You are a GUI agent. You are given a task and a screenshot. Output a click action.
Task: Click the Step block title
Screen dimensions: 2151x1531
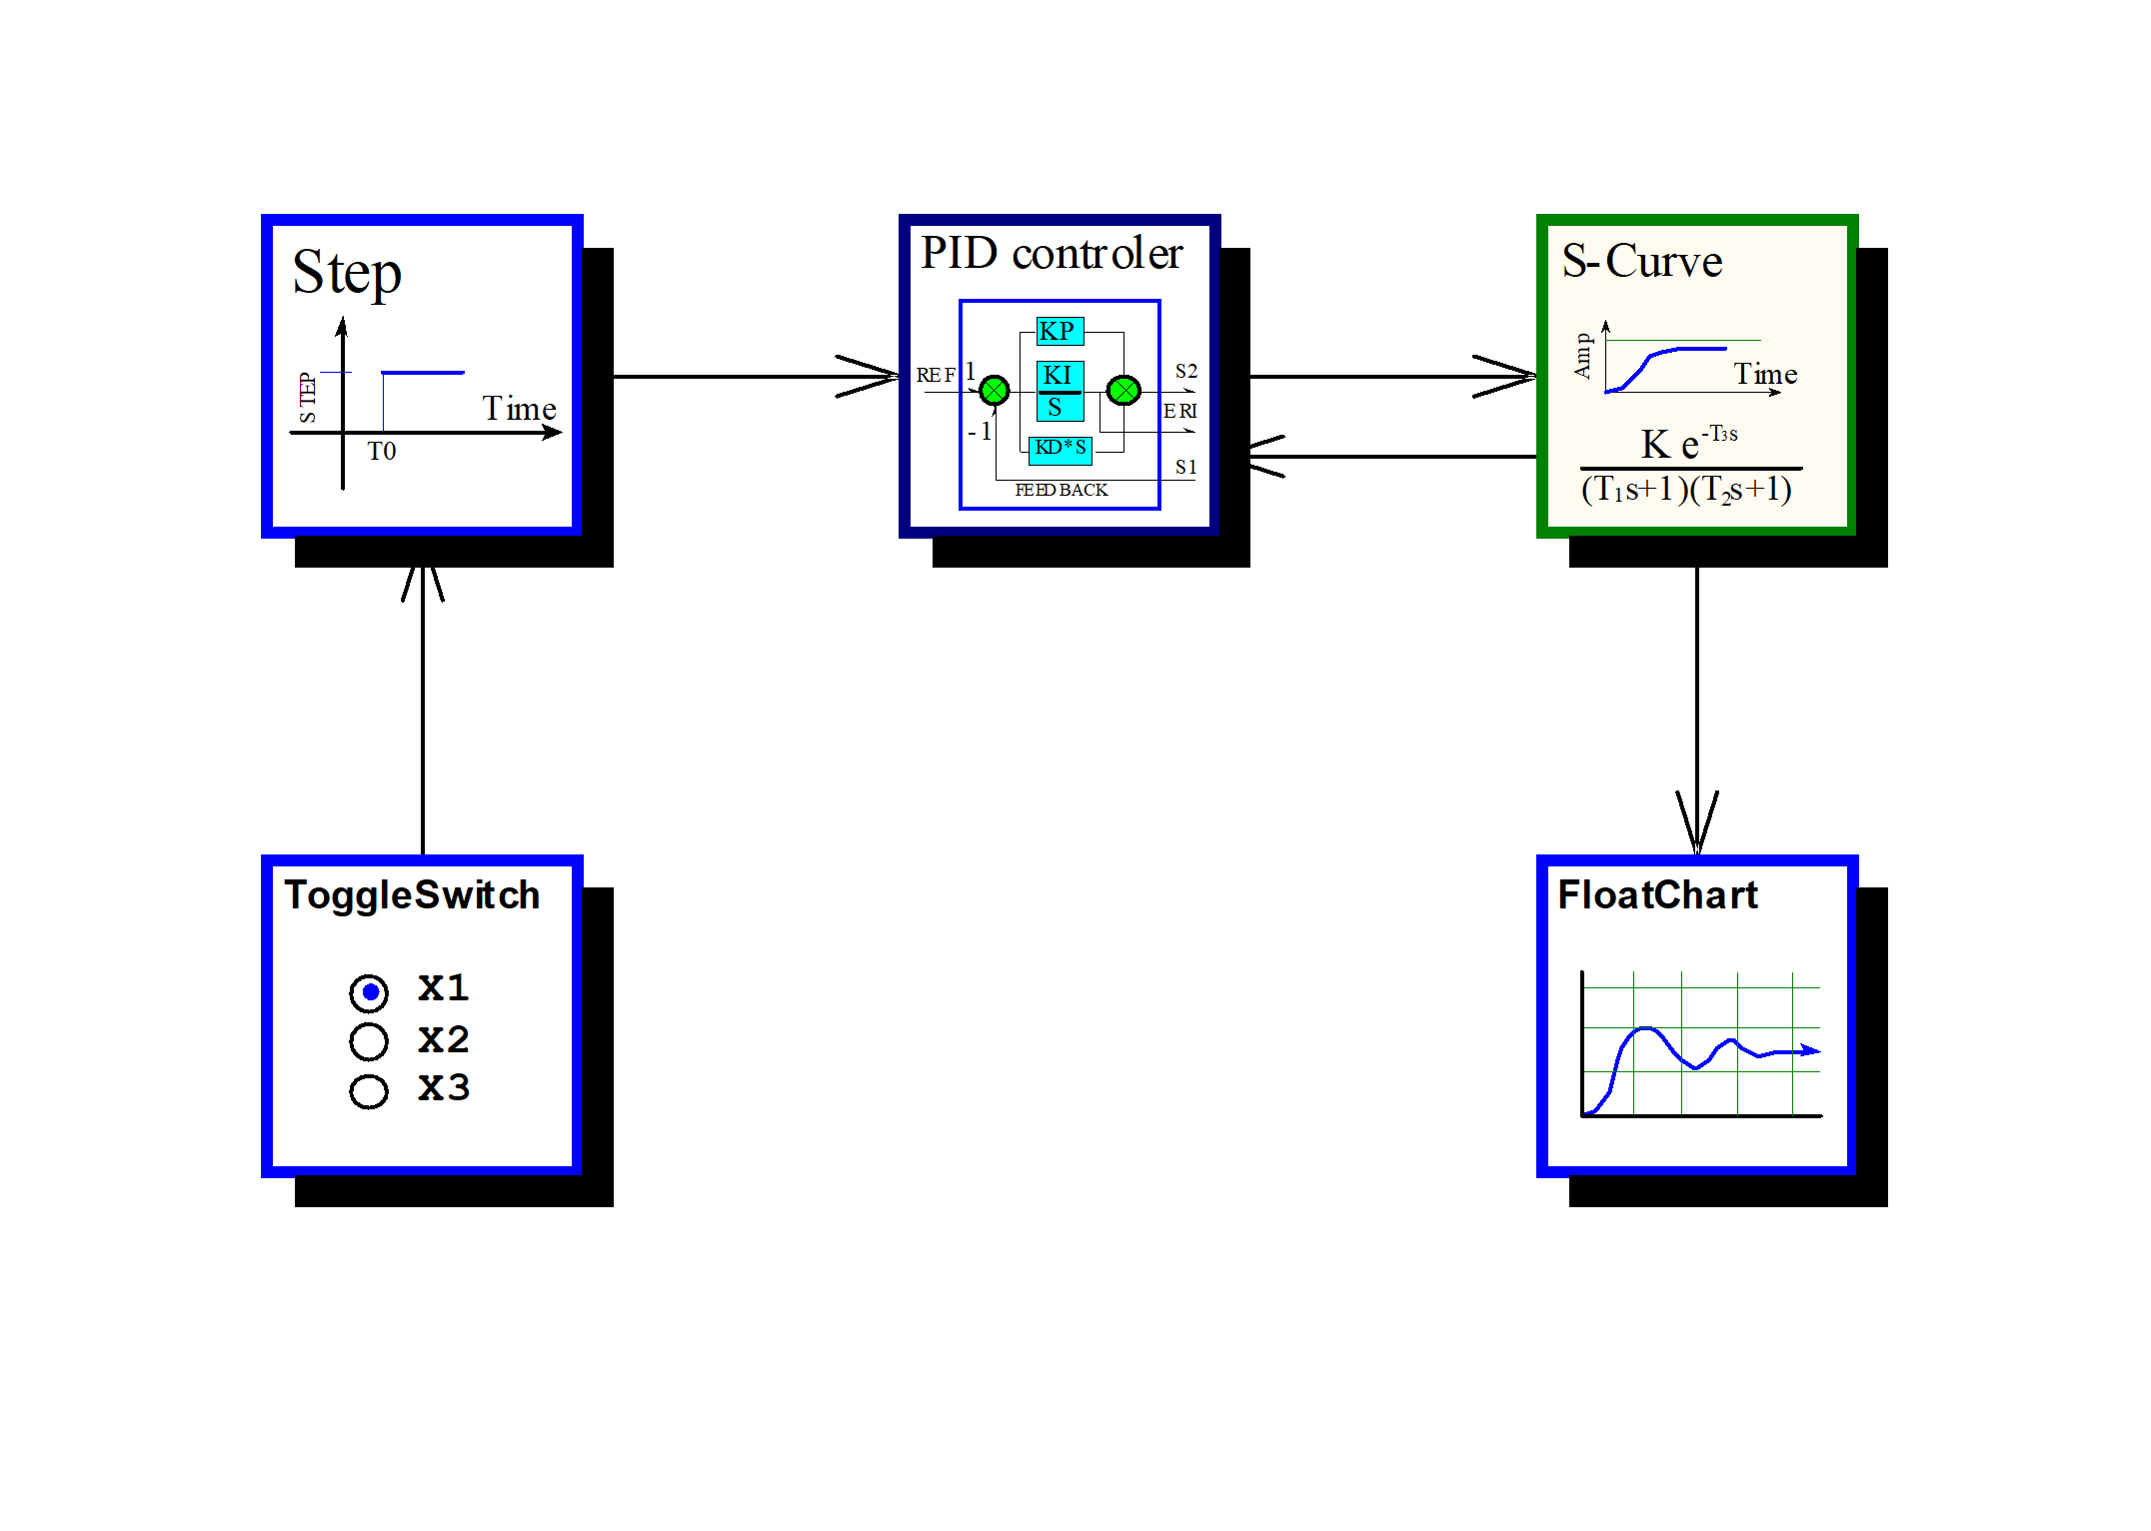point(347,272)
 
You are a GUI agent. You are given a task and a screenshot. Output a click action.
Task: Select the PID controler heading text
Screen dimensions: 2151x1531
point(1052,253)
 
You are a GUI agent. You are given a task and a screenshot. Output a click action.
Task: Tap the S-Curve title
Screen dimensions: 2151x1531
point(1642,261)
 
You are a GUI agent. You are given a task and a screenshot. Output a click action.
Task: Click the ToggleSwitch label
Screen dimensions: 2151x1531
point(412,895)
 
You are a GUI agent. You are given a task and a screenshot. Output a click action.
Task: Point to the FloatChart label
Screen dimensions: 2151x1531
point(1657,894)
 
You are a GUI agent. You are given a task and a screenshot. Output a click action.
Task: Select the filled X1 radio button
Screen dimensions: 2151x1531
point(369,992)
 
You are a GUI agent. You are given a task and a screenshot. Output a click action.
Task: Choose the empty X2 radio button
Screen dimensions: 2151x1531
point(369,1041)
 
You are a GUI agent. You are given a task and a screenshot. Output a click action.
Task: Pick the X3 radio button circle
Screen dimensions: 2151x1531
point(369,1090)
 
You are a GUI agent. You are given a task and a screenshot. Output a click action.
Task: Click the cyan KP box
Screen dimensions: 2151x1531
point(1060,331)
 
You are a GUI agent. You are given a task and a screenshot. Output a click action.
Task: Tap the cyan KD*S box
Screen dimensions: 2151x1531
point(1061,449)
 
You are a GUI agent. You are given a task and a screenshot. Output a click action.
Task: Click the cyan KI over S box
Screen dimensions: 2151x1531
point(1060,391)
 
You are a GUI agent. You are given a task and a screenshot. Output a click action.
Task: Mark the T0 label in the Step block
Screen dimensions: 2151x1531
point(382,452)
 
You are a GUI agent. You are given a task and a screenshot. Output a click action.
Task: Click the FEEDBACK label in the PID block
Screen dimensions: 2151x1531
point(1061,490)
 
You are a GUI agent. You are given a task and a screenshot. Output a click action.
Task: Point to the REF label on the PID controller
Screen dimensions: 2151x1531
point(936,375)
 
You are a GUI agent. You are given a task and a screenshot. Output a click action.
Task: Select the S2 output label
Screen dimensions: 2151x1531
point(1186,371)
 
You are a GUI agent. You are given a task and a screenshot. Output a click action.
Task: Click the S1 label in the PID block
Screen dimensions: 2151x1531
point(1186,467)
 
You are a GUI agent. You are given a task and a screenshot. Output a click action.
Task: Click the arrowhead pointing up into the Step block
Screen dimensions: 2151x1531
point(423,584)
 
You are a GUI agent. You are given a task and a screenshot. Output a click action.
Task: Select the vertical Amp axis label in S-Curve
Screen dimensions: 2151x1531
point(1582,356)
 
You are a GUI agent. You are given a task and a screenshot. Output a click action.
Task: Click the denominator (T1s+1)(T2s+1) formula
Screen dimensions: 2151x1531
point(1686,490)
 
